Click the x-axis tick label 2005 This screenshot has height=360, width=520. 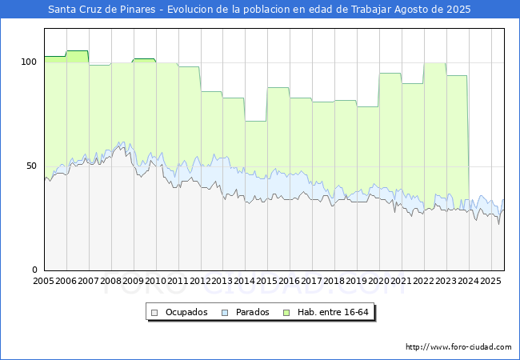pos(44,281)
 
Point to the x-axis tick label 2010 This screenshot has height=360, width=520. pos(155,281)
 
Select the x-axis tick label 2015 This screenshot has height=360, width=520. pos(267,281)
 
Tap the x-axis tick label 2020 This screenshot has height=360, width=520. pos(378,281)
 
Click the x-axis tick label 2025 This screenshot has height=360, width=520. pos(490,281)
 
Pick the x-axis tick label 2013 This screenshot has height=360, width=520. pos(222,281)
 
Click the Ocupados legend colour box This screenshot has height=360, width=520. pos(155,312)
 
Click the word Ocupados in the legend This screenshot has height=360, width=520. pos(186,312)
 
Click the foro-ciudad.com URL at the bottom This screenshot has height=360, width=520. pos(458,347)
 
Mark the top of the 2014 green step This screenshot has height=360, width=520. pos(255,121)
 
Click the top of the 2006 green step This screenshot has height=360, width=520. pos(78,51)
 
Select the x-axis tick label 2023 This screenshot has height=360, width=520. pos(445,281)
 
